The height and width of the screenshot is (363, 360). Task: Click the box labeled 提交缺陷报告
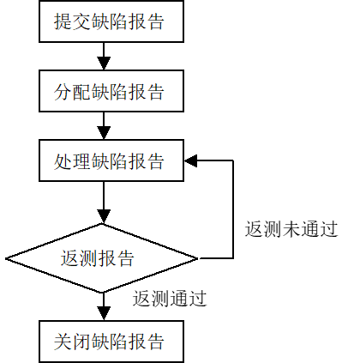[111, 21]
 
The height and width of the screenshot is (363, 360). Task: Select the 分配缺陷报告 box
[111, 91]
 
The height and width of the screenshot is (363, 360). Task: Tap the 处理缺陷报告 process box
[111, 160]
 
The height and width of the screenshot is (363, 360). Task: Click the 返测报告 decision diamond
[102, 258]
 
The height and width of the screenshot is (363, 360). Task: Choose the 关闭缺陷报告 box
[111, 342]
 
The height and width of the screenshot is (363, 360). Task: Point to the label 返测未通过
[291, 229]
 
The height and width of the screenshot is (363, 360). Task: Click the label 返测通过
[170, 299]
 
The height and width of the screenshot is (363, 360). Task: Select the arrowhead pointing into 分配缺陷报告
[104, 64]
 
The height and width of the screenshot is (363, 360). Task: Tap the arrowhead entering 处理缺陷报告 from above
[104, 133]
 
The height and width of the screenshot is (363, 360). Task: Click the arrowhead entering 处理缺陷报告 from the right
[191, 160]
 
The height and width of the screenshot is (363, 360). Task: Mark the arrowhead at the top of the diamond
[104, 216]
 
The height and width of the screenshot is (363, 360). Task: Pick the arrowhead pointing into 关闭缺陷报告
[104, 313]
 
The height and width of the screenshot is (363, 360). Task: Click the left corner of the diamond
[6, 258]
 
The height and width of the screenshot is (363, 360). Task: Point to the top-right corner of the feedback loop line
[233, 160]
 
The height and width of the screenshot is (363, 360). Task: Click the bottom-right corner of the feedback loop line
[233, 258]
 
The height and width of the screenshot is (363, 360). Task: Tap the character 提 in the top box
[63, 21]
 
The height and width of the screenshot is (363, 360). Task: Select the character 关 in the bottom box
[63, 342]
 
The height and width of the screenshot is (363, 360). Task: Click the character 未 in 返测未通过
[291, 229]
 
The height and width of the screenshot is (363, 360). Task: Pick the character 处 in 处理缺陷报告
[63, 161]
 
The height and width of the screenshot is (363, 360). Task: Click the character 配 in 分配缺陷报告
[81, 92]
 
